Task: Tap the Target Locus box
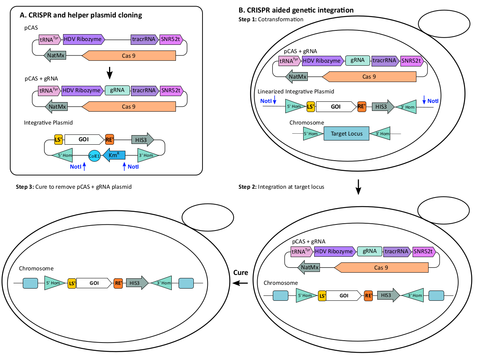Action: point(346,134)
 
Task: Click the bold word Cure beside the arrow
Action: point(240,273)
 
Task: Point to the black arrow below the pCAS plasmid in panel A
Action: point(109,73)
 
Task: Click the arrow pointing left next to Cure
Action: point(240,283)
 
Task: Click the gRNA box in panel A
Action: point(117,90)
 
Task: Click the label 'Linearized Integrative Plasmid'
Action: point(296,92)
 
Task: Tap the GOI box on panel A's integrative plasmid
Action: point(84,139)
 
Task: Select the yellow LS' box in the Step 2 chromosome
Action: point(322,295)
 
